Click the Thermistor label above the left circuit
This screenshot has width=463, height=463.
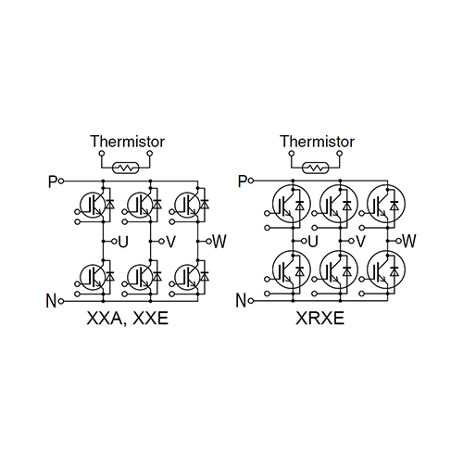coord(127,142)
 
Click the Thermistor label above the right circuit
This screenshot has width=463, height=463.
coord(317,142)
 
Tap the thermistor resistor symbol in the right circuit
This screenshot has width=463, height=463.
coord(316,169)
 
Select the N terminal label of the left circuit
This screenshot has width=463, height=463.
coord(51,300)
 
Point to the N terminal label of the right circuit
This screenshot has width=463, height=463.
coord(241,300)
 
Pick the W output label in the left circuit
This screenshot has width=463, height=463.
coord(219,242)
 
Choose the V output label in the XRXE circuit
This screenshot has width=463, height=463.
coord(361,241)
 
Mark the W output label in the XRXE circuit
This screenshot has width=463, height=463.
coord(409,241)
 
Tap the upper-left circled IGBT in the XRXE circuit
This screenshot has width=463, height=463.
coord(289,202)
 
